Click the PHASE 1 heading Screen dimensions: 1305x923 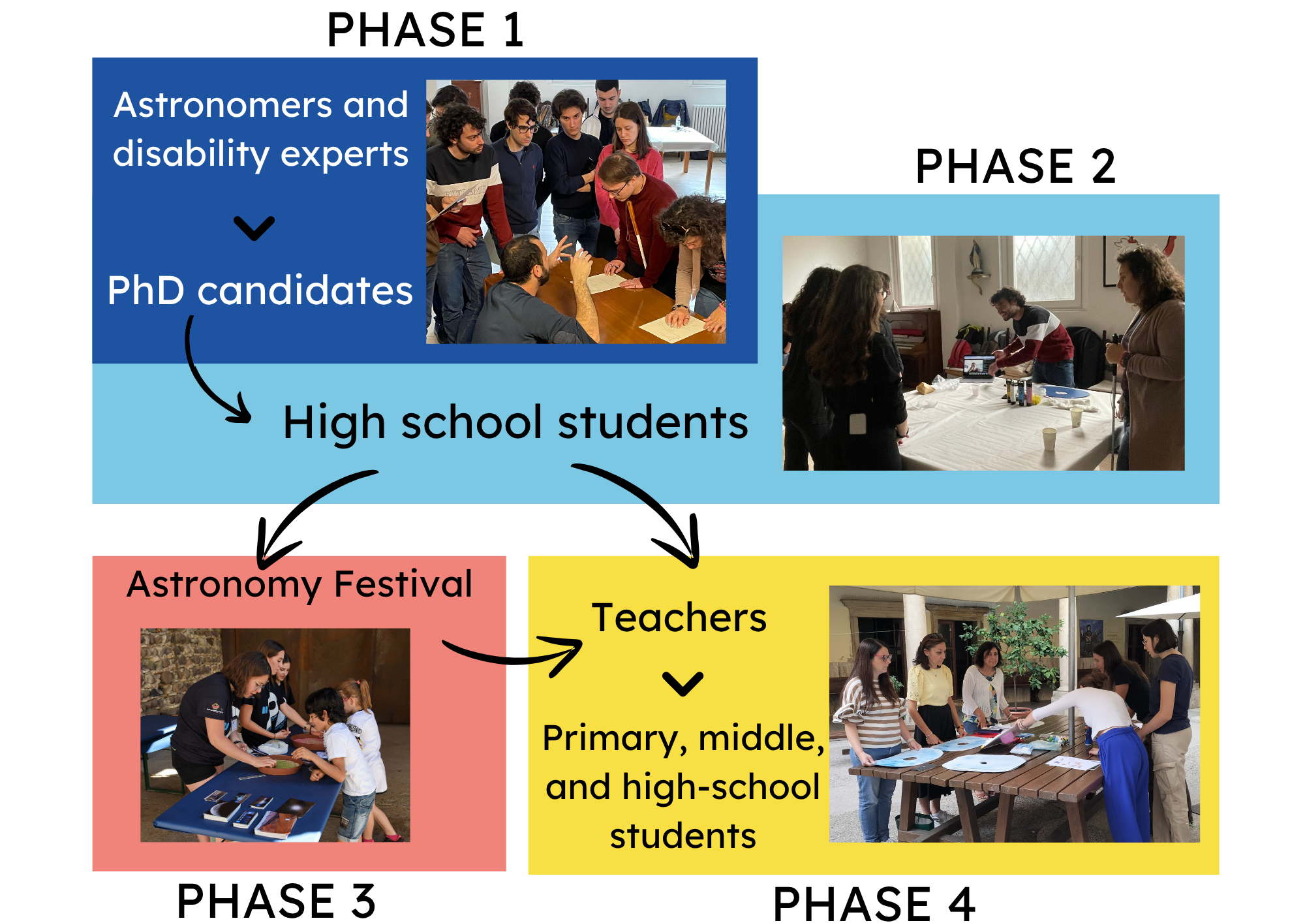[425, 30]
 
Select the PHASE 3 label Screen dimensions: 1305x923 [276, 901]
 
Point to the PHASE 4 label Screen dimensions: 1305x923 [874, 904]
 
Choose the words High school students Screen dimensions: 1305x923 [515, 422]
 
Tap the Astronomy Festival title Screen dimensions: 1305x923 [299, 584]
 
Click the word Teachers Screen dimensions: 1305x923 [679, 618]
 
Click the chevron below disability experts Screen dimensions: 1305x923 [254, 228]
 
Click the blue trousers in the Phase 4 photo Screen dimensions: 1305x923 [1124, 783]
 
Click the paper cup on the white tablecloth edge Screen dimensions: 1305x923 [1049, 439]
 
